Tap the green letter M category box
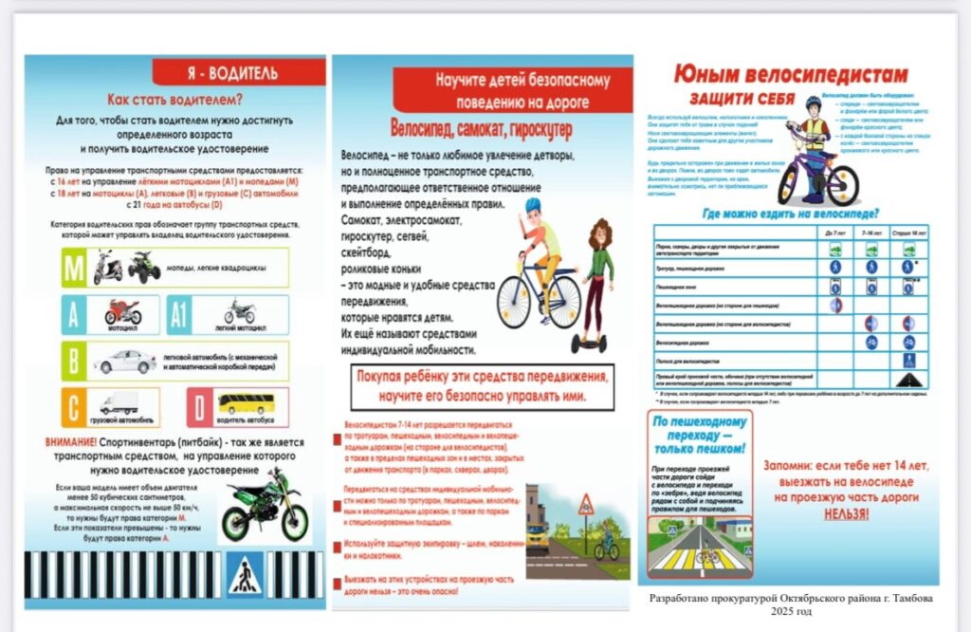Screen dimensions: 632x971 point(74,267)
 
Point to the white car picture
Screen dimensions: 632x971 point(127,361)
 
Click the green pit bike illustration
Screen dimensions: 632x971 point(265,505)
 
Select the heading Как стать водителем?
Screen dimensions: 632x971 point(174,99)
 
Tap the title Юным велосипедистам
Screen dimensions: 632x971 point(790,75)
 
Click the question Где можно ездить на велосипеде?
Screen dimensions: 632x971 point(790,214)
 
